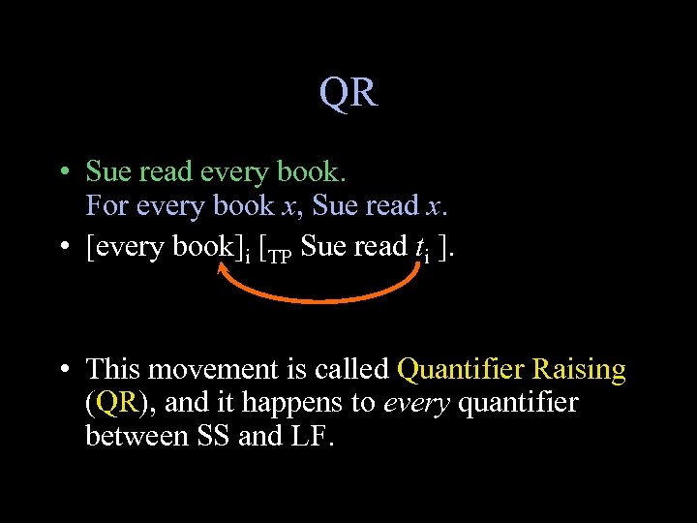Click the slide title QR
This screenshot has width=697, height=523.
coord(348,93)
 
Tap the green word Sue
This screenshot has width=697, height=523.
coord(108,172)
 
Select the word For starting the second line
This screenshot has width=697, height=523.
coord(106,206)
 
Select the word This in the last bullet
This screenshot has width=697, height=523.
coord(113,369)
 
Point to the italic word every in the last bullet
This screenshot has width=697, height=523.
coord(416,403)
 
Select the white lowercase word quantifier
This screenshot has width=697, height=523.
coord(518,403)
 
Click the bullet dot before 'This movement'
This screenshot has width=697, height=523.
coord(62,370)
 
